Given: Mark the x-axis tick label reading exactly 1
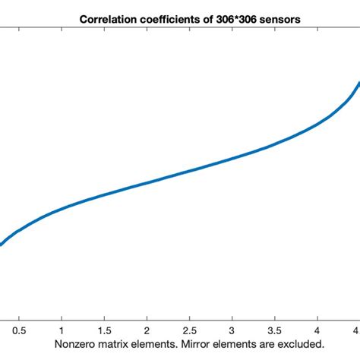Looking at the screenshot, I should click(x=62, y=330).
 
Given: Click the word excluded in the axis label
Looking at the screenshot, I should click(x=290, y=344).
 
